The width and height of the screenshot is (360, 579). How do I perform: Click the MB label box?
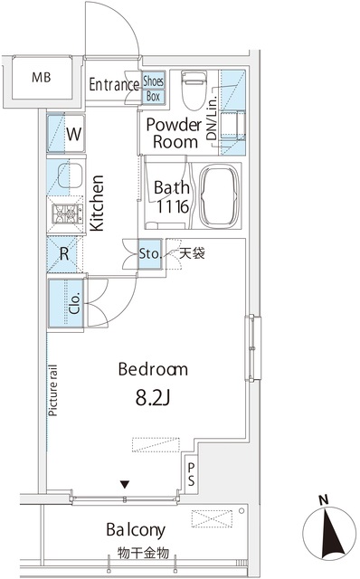pyautogui.click(x=42, y=78)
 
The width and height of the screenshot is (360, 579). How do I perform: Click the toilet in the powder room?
pyautogui.click(x=192, y=90)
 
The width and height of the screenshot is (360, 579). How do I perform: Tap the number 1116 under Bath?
pyautogui.click(x=171, y=206)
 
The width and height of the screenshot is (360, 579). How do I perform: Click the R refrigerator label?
pyautogui.click(x=65, y=254)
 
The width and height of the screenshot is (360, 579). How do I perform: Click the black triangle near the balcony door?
pyautogui.click(x=126, y=484)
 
